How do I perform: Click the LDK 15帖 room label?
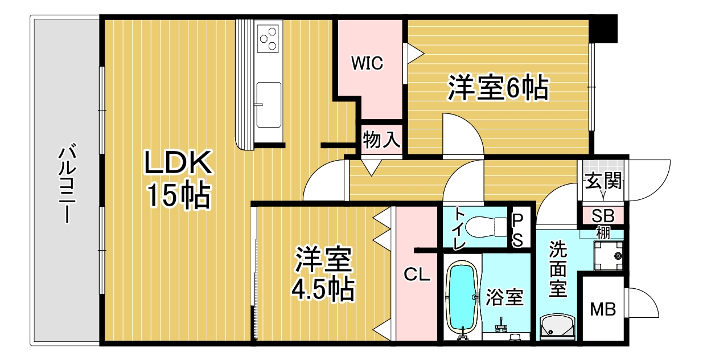178,180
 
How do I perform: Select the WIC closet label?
367,63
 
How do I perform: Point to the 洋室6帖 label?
498,88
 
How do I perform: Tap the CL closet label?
417,275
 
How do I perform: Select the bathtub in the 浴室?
462,299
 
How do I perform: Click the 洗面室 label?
558,269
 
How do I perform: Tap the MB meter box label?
602,310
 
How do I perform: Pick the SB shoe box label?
602,216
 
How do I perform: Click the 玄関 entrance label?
602,183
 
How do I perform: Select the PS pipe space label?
517,229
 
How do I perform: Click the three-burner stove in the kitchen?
269,38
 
